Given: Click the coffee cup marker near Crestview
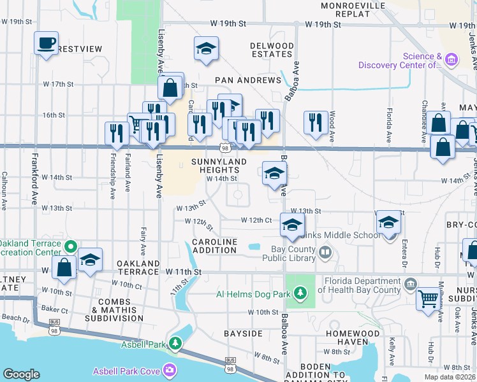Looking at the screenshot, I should coord(46,43).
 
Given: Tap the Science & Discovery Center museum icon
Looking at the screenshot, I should coord(451,60).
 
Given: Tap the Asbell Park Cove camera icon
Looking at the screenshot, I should coord(169,369).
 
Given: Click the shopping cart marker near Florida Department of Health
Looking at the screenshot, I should coord(427,298).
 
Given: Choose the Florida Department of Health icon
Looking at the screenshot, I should coord(409,282).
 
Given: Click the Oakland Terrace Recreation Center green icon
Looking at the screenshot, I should coord(71,246).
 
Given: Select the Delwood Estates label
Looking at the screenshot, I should coord(272,50).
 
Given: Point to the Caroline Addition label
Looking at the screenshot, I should coord(215,246).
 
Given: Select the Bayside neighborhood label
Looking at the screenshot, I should coord(243,333).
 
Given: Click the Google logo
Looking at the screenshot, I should coord(21,374).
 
